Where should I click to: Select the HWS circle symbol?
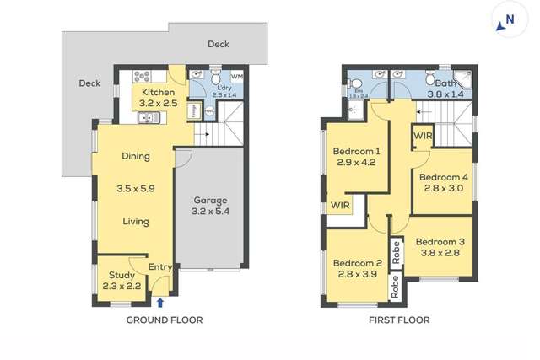[x=209, y=111]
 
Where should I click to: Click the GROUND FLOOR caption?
[x=165, y=320]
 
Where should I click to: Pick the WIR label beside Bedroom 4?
[x=424, y=135]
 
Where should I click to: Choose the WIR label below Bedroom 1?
[x=340, y=205]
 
